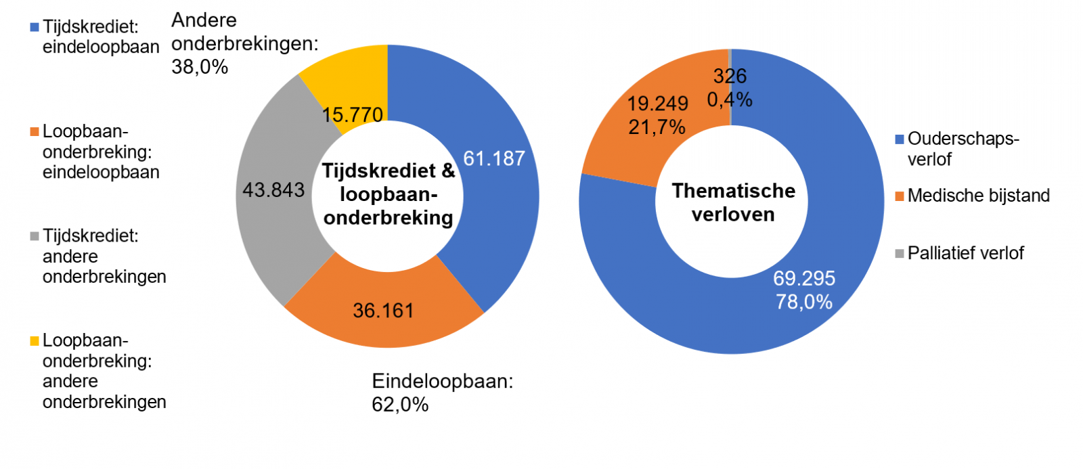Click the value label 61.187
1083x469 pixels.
(x=493, y=158)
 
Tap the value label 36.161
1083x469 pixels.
(x=383, y=311)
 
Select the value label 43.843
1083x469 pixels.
(x=273, y=190)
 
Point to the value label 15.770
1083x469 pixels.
(x=352, y=115)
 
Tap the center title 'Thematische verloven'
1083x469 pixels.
(x=733, y=202)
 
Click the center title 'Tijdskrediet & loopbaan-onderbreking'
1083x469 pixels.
(x=388, y=194)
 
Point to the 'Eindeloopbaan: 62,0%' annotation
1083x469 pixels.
(x=442, y=393)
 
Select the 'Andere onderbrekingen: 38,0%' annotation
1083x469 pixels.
(x=244, y=43)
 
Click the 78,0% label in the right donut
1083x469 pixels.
(x=804, y=302)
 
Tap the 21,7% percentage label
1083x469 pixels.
(x=657, y=127)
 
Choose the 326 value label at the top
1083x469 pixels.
(x=730, y=76)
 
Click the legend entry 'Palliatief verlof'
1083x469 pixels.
(x=965, y=253)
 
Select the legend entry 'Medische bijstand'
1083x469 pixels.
(x=978, y=196)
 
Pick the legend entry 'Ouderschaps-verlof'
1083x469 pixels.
(x=962, y=149)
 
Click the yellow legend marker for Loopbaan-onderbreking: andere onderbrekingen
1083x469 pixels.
(x=35, y=341)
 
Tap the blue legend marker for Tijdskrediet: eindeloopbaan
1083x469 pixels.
(x=35, y=28)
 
